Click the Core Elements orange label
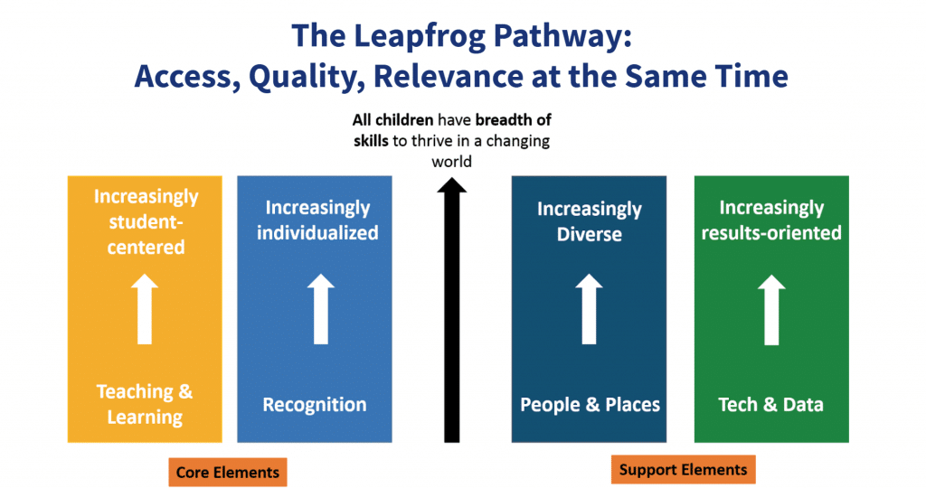point(227,472)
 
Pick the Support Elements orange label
point(683,469)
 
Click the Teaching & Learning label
point(145,404)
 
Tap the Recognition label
point(315,404)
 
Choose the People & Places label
point(590,404)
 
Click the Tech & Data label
point(770,404)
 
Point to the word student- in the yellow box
point(146,221)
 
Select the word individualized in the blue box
point(317,232)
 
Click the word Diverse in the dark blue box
point(590,234)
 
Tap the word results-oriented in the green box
point(771,232)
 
